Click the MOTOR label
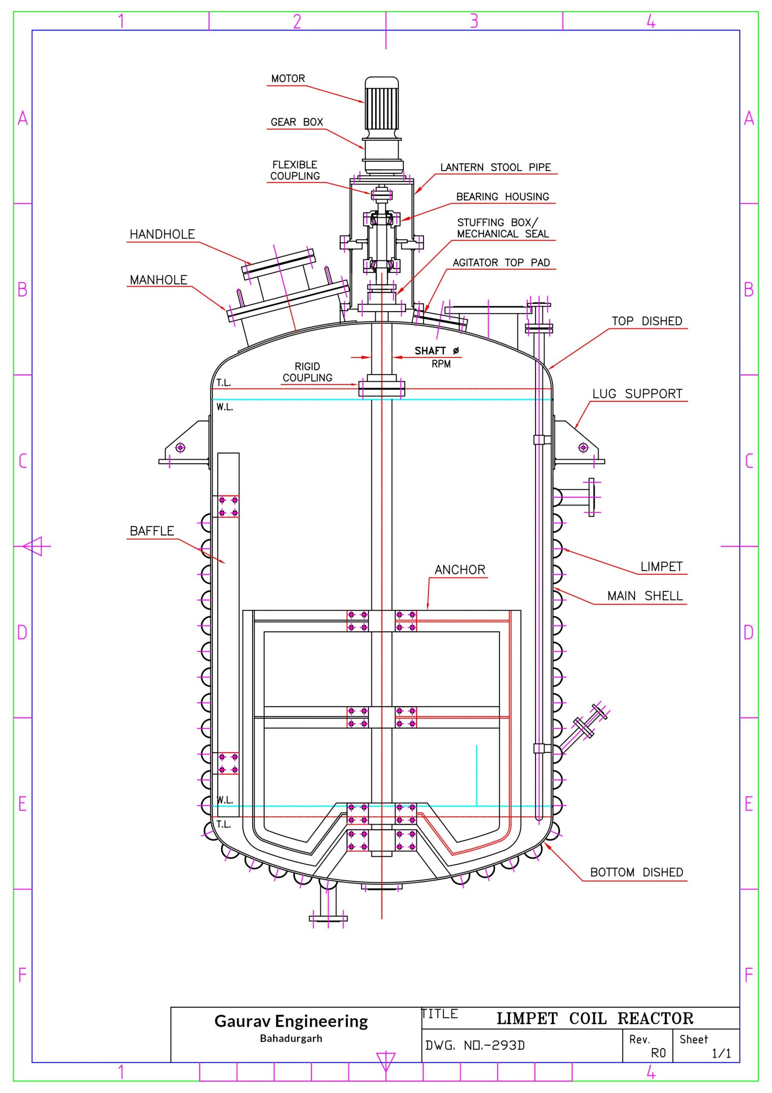tap(288, 79)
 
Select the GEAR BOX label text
tap(297, 123)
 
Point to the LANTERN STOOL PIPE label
tap(495, 167)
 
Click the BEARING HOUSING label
tap(502, 196)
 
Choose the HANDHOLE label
tap(162, 234)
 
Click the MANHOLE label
tap(158, 280)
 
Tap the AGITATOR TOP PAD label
tap(501, 263)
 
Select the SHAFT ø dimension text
tap(437, 351)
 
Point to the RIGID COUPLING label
tap(307, 372)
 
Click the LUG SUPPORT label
tap(637, 394)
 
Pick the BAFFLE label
tap(152, 531)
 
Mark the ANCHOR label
tap(459, 570)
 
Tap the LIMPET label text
tap(661, 567)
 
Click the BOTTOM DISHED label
tap(636, 873)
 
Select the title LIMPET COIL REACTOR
tap(594, 1019)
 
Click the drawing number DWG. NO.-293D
tap(475, 1046)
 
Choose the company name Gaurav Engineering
tap(291, 1021)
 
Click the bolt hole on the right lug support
tap(583, 447)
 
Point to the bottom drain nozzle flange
tap(328, 919)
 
